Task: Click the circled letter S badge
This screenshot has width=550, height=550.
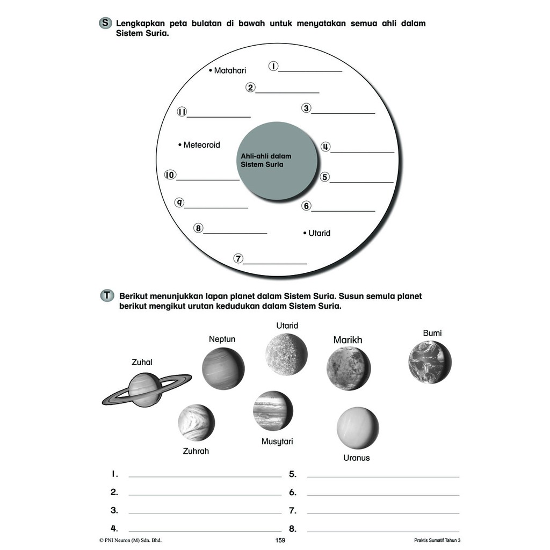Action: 105,23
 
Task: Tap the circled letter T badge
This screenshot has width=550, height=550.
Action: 107,296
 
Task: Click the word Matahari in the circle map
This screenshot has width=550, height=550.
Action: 230,70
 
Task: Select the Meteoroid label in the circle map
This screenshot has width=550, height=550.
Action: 201,145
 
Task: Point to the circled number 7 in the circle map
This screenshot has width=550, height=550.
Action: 238,258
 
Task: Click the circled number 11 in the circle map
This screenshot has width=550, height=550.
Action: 182,112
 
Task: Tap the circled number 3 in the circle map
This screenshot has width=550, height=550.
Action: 306,108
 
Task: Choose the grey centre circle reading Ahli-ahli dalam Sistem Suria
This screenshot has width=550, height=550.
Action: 277,161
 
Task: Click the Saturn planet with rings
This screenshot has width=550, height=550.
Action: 146,389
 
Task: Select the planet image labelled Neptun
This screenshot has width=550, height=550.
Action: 223,368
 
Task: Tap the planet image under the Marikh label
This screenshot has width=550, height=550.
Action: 348,368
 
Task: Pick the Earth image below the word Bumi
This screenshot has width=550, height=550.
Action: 429,362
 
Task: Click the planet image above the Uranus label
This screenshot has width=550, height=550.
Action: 357,428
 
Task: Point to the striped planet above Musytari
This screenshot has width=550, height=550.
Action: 273,410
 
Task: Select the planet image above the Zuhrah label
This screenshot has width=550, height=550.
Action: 196,422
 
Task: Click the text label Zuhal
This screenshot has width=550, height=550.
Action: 142,363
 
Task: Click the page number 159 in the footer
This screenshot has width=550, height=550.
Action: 279,540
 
